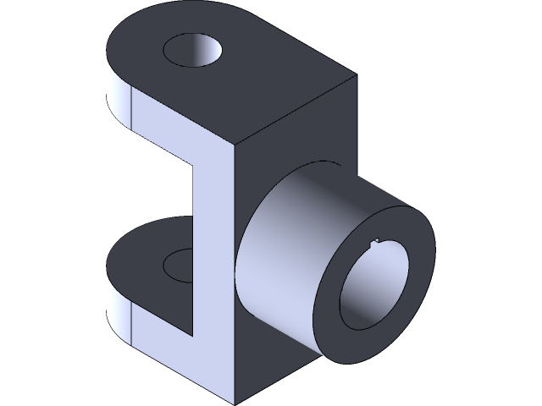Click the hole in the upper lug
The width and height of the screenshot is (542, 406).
[195, 51]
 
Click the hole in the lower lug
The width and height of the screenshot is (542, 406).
[180, 264]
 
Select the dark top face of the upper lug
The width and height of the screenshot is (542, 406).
[254, 85]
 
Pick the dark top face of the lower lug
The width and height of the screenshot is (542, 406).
[144, 254]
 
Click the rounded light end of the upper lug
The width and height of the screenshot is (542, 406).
[116, 93]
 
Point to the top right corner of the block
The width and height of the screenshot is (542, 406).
[351, 77]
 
